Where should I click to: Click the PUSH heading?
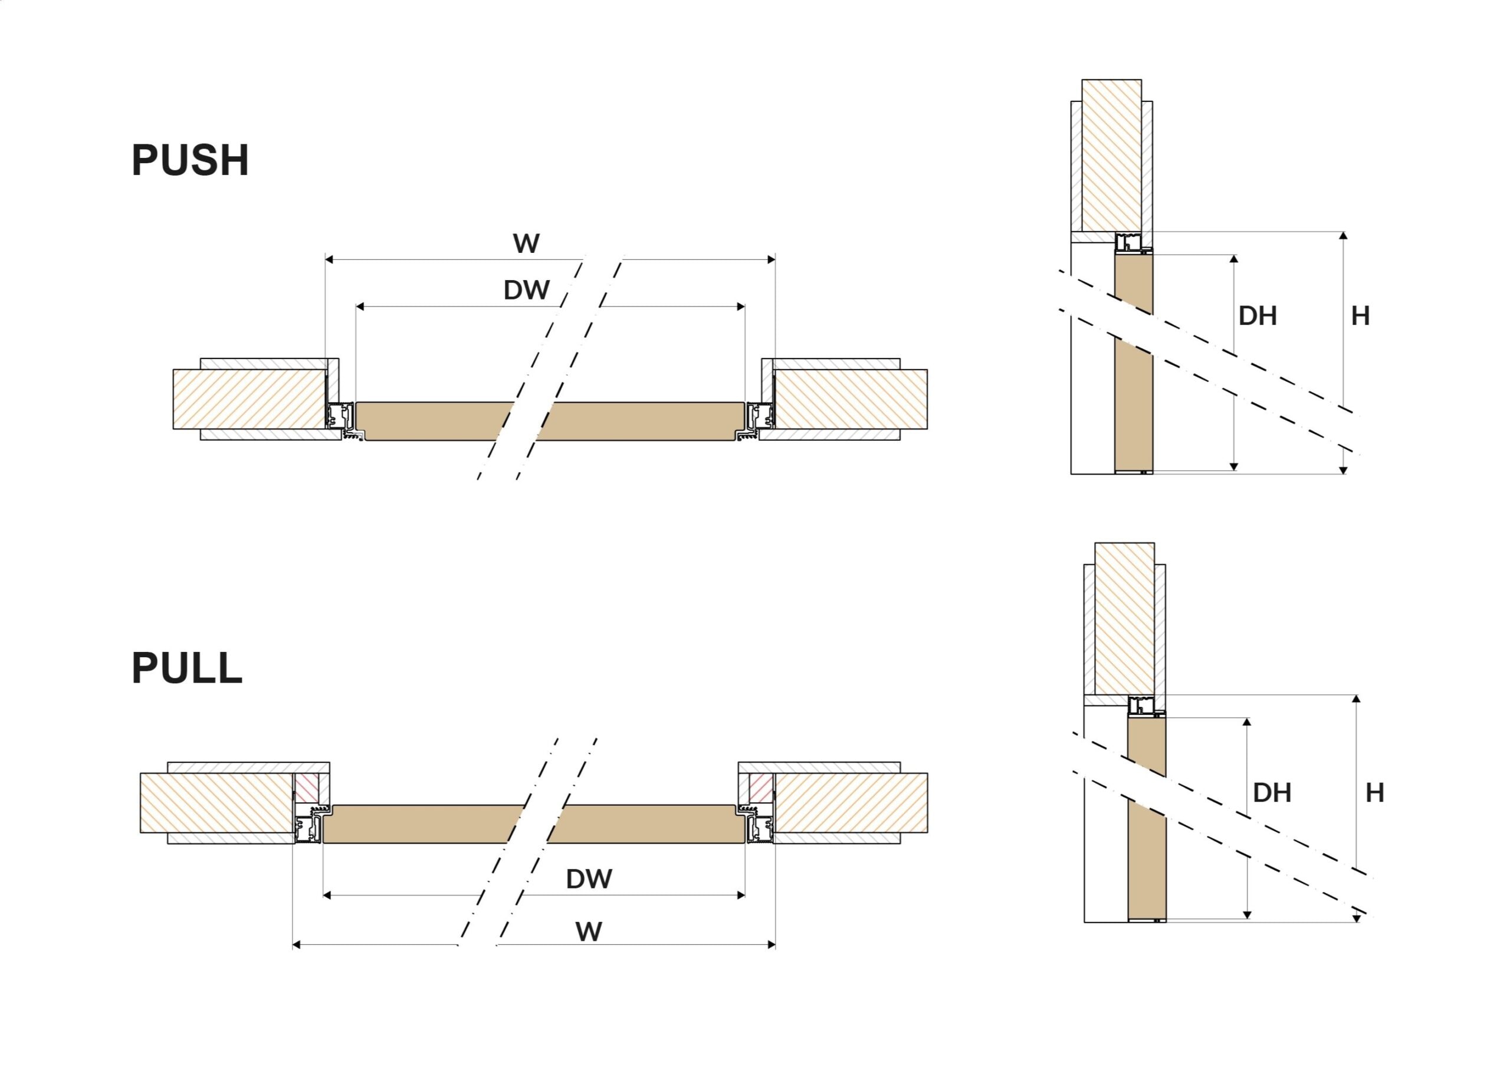(190, 160)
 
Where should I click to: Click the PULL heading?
(188, 668)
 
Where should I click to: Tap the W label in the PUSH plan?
(526, 244)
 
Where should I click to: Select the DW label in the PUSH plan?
(526, 290)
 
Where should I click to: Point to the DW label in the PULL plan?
(589, 879)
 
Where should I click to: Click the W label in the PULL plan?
(589, 931)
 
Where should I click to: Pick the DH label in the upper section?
(1258, 316)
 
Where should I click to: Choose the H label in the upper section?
(1360, 316)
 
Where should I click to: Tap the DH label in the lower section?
(1272, 793)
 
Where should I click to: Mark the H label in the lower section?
(1374, 793)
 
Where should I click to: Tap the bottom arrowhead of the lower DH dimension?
(1247, 914)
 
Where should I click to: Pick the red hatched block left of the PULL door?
(307, 788)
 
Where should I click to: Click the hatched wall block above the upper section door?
(1111, 156)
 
